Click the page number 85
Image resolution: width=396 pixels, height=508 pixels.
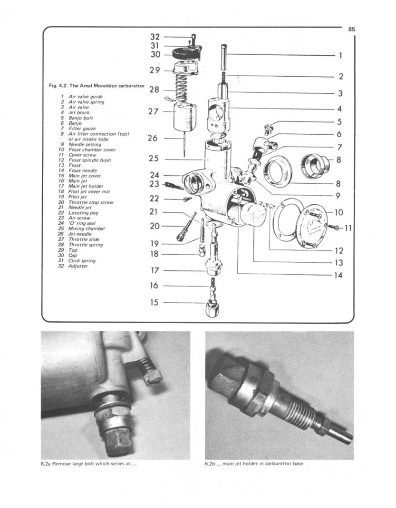click(x=351, y=29)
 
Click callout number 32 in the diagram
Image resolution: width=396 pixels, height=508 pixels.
click(x=155, y=37)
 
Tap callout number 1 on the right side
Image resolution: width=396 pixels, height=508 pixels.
click(x=340, y=55)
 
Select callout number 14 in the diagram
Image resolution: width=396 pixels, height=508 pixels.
click(x=338, y=275)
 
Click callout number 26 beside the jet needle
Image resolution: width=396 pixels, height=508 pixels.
click(x=153, y=139)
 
